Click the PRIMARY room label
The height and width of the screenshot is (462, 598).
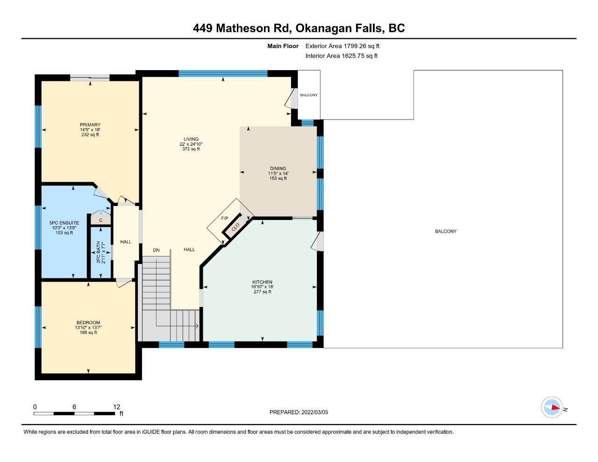[x=90, y=125]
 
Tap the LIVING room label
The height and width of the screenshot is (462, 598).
[x=191, y=139]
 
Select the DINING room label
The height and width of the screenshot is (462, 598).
[x=278, y=168]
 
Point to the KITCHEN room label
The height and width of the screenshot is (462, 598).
[x=262, y=282]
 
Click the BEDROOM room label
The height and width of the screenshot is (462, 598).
[x=88, y=322]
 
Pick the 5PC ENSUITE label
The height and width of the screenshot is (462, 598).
[x=64, y=223]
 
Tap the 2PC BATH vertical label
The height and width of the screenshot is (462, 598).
[x=99, y=253]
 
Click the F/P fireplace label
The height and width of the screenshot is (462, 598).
[x=225, y=218]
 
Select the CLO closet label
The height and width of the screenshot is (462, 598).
[x=235, y=227]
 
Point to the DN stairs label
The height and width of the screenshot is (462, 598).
[x=156, y=250]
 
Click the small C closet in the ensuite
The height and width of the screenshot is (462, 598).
[x=101, y=220]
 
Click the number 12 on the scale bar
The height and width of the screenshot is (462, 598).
[x=117, y=407]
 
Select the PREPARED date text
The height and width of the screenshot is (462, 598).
[x=299, y=412]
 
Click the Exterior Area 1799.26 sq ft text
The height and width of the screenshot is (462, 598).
[x=342, y=46]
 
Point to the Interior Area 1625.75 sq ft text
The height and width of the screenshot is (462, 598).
[x=341, y=56]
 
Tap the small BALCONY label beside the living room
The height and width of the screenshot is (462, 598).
[x=309, y=95]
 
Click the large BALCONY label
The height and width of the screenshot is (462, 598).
[x=446, y=231]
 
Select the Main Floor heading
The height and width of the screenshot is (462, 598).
[x=283, y=46]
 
